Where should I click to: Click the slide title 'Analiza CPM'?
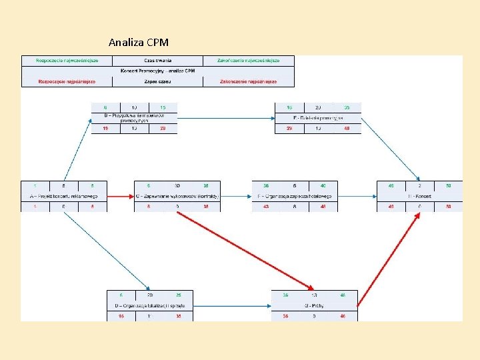click(x=139, y=42)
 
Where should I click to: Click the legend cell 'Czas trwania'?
click(x=157, y=61)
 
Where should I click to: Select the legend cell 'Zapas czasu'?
click(x=157, y=82)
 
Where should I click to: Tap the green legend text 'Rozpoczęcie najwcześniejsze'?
click(x=67, y=61)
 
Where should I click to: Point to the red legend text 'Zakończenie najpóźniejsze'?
click(x=248, y=82)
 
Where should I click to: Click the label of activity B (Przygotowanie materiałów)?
click(x=134, y=118)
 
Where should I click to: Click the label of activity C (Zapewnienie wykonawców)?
click(x=177, y=196)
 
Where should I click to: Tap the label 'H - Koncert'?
click(x=419, y=196)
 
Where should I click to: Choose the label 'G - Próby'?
click(x=314, y=305)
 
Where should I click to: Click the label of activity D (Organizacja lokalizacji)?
click(x=149, y=305)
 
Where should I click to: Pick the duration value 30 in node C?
click(x=177, y=185)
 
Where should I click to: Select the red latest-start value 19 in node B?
click(x=105, y=129)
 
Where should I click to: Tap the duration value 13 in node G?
click(x=314, y=295)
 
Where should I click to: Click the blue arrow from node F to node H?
click(x=357, y=196)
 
